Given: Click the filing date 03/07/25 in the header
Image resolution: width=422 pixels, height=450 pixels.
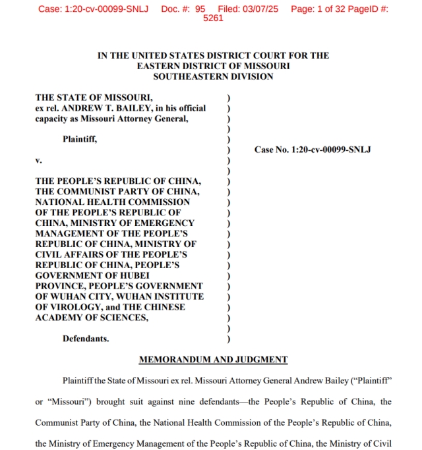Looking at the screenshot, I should [260, 9].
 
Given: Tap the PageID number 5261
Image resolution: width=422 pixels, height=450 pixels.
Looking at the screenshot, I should [213, 18].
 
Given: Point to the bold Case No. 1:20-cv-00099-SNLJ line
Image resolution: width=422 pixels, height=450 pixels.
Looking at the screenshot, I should [313, 150].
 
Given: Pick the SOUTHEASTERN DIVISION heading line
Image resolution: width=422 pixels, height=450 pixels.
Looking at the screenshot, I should [213, 76].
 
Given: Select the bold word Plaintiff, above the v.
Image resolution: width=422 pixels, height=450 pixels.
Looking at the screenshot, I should [80, 139].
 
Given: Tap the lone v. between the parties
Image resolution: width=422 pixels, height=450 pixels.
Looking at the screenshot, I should [38, 160].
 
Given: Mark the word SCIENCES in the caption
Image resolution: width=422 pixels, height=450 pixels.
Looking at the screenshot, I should [123, 318].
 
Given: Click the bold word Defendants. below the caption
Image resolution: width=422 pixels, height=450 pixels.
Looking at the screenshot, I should [86, 339].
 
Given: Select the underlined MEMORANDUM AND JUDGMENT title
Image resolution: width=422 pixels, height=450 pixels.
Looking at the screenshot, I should [213, 360].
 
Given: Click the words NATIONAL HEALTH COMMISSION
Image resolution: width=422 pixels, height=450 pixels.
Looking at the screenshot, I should [112, 202].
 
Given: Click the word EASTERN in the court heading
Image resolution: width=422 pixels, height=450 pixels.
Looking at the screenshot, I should [158, 66].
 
